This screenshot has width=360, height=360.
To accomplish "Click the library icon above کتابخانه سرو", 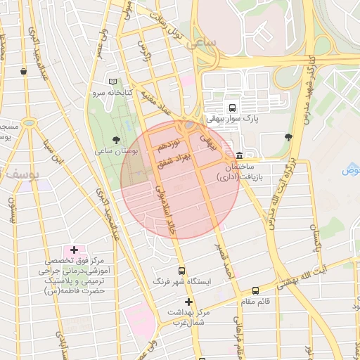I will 113,81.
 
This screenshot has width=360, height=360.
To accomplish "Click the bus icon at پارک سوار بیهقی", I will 231,108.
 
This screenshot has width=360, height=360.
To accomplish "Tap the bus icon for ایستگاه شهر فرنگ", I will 182,270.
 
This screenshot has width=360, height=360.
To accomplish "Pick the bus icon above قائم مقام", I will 255,290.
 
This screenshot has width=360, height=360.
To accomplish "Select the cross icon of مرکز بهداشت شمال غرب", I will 188,302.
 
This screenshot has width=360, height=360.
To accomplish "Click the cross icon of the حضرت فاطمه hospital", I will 74,250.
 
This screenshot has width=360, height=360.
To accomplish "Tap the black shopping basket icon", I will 24,71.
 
